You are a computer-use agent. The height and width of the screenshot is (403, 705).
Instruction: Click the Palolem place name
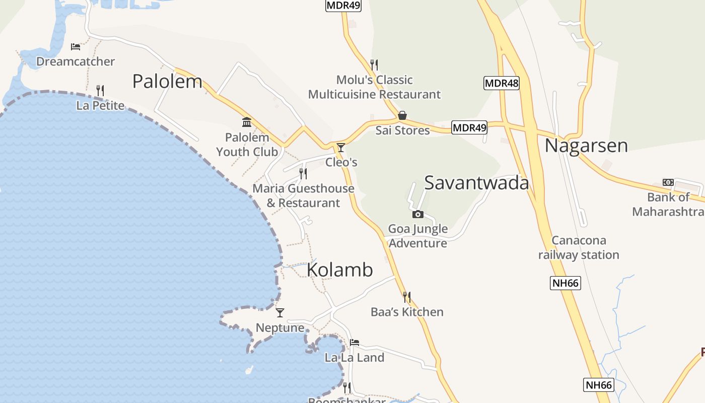coord(167,81)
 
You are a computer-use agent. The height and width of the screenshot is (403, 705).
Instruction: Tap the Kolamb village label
coord(340,270)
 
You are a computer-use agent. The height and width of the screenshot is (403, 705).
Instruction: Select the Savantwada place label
coord(476,183)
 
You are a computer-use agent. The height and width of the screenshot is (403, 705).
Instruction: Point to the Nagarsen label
coord(586,146)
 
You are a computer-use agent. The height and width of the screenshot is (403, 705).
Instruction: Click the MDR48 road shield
coord(501,83)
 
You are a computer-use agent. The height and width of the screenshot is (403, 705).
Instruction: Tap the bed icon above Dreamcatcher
coord(76,47)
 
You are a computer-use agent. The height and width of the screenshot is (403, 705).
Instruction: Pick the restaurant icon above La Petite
coord(100,91)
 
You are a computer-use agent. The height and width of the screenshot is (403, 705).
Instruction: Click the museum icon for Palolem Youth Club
coord(247,122)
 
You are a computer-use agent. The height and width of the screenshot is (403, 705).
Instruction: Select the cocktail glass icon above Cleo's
coord(341,148)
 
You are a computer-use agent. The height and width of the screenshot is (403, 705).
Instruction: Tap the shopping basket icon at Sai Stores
coord(402,115)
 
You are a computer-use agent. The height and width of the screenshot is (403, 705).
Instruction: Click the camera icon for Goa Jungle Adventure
coord(418,214)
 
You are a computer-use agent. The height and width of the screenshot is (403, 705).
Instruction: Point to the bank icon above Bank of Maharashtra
coord(668,182)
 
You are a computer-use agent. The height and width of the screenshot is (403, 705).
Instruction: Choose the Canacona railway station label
coord(579,247)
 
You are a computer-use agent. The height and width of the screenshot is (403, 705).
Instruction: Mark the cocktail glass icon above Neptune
coord(280,313)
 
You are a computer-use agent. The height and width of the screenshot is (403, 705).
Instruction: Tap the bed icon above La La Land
coord(355,343)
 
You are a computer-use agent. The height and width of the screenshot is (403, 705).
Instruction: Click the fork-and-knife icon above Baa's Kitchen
coord(407,297)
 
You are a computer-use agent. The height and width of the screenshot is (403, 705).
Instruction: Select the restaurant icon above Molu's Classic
coord(374,65)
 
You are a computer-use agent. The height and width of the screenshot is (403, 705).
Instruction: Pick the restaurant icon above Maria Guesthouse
coord(303,174)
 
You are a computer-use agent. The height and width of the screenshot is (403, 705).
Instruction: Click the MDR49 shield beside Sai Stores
coord(469,127)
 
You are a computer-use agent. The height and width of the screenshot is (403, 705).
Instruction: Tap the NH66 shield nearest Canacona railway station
coord(566,283)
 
